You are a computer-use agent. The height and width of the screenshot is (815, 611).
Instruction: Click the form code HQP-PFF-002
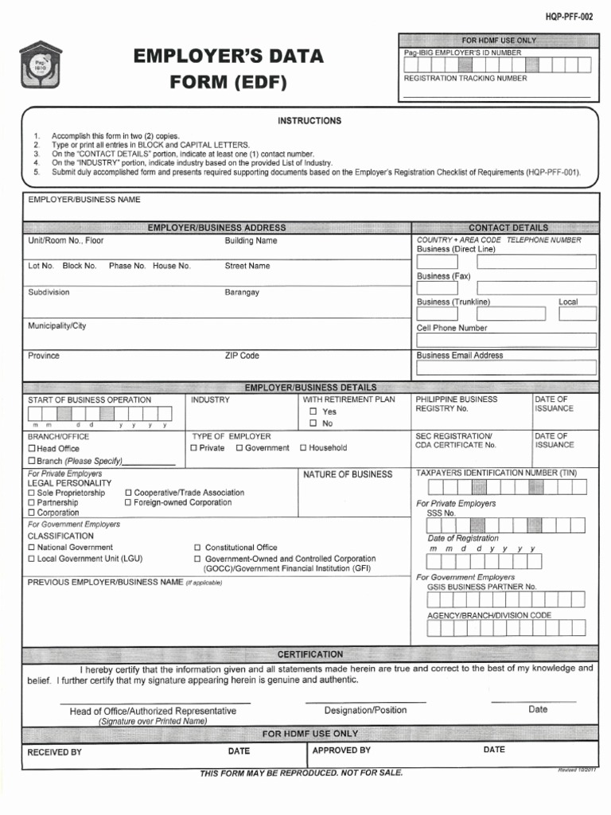(x=569, y=17)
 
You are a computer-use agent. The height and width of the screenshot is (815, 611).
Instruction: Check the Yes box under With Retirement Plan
(x=313, y=411)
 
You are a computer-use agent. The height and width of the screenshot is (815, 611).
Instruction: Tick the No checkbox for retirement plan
(x=313, y=423)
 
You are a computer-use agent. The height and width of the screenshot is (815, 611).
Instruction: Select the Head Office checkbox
(x=32, y=449)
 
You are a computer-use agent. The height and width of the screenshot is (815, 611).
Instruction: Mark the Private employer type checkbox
(x=193, y=448)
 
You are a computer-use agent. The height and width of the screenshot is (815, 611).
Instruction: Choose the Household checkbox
(x=303, y=448)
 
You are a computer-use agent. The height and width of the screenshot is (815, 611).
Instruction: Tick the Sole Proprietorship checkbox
(x=32, y=493)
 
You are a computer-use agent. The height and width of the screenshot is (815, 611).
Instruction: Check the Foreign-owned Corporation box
(x=127, y=502)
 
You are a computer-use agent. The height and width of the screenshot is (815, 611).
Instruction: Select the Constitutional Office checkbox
(x=198, y=548)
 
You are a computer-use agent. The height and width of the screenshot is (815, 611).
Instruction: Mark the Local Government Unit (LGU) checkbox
(x=32, y=559)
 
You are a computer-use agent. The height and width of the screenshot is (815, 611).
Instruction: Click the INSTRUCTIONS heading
(x=309, y=121)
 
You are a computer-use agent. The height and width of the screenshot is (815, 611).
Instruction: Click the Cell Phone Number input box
(x=505, y=340)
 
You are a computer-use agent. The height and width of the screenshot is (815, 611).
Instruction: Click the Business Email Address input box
(x=505, y=368)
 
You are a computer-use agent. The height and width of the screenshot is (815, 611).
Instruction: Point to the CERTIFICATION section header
(x=310, y=654)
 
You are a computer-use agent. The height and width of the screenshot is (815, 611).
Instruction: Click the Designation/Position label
(x=365, y=710)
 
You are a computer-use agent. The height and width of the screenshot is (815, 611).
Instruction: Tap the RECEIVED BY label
(x=54, y=751)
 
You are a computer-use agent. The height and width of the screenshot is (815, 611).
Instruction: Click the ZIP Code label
(x=242, y=356)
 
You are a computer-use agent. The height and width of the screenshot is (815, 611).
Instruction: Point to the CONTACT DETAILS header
(x=508, y=228)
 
